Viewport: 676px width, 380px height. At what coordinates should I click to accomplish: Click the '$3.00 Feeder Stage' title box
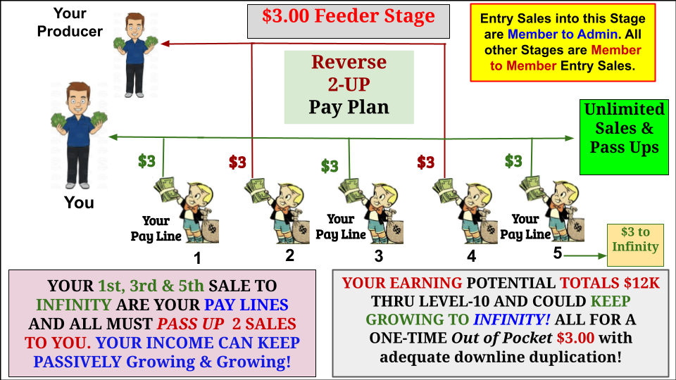[x=349, y=21]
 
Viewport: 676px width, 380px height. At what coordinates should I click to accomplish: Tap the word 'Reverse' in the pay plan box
[x=349, y=62]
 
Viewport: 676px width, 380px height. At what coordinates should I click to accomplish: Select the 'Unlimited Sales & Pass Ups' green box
[x=624, y=137]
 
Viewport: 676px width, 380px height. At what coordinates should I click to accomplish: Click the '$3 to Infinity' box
[x=635, y=245]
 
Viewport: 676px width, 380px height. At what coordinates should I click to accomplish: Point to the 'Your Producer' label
[x=70, y=23]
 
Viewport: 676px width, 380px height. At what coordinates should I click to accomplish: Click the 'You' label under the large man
[x=79, y=203]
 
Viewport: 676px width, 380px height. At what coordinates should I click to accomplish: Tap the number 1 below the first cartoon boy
[x=197, y=258]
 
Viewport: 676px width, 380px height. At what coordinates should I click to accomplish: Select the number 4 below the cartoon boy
[x=471, y=256]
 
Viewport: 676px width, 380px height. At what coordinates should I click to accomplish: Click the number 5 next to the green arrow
[x=558, y=253]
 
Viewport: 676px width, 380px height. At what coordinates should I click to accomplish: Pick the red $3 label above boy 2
[x=237, y=162]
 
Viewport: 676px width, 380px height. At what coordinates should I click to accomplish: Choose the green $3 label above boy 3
[x=330, y=166]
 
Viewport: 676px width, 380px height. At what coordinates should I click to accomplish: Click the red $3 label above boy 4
[x=425, y=162]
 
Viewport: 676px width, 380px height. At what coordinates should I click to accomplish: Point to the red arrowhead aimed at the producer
[x=165, y=44]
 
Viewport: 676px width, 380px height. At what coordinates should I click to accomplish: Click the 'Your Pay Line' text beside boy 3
[x=341, y=227]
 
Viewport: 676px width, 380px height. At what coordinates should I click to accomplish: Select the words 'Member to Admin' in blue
[x=562, y=34]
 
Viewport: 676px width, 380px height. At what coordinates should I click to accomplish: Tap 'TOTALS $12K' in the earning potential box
[x=610, y=283]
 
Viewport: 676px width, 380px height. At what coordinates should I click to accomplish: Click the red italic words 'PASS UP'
[x=190, y=324]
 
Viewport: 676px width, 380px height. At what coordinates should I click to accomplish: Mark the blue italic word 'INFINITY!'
[x=511, y=319]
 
